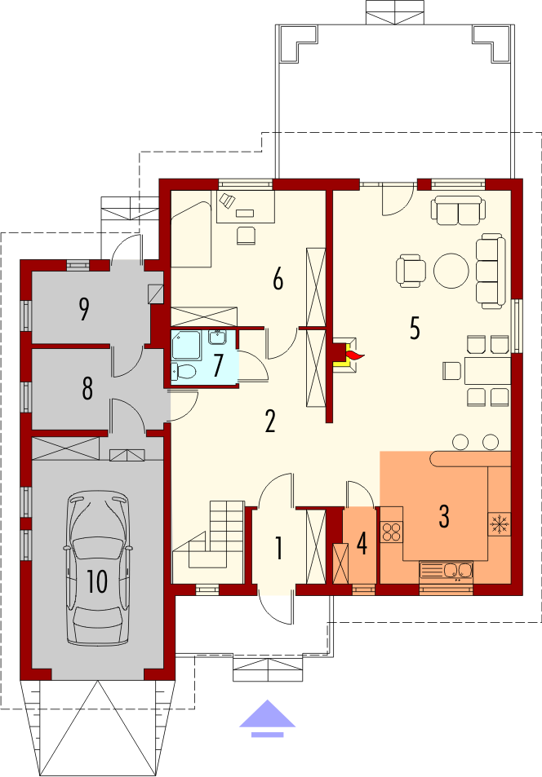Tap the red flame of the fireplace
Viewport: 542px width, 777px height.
[x=355, y=355]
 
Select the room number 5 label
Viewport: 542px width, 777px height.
[x=415, y=328]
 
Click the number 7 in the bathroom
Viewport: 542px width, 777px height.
[x=217, y=366]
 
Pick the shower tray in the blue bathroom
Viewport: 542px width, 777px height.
[x=185, y=345]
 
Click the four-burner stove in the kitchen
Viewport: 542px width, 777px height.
[x=392, y=532]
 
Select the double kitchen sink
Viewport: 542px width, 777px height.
[x=446, y=571]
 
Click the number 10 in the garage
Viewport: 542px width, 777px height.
[x=97, y=581]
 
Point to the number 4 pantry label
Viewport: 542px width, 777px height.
[x=362, y=544]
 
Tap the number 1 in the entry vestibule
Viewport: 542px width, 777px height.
[x=279, y=549]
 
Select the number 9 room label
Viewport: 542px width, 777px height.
[x=84, y=308]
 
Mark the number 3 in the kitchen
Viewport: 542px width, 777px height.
[x=444, y=516]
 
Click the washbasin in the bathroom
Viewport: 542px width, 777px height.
[x=217, y=338]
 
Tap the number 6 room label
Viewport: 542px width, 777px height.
[x=278, y=279]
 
